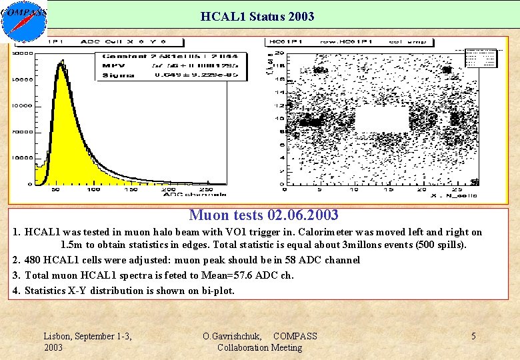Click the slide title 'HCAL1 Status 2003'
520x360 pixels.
(257, 16)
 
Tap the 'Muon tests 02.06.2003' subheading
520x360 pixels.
(263, 215)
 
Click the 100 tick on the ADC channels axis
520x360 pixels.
(93, 190)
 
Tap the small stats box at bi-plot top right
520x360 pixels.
(481, 58)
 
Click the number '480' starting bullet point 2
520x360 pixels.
(34, 260)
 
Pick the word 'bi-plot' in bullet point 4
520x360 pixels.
(217, 291)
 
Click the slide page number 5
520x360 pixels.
(473, 336)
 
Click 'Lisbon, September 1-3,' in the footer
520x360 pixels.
(87, 336)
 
